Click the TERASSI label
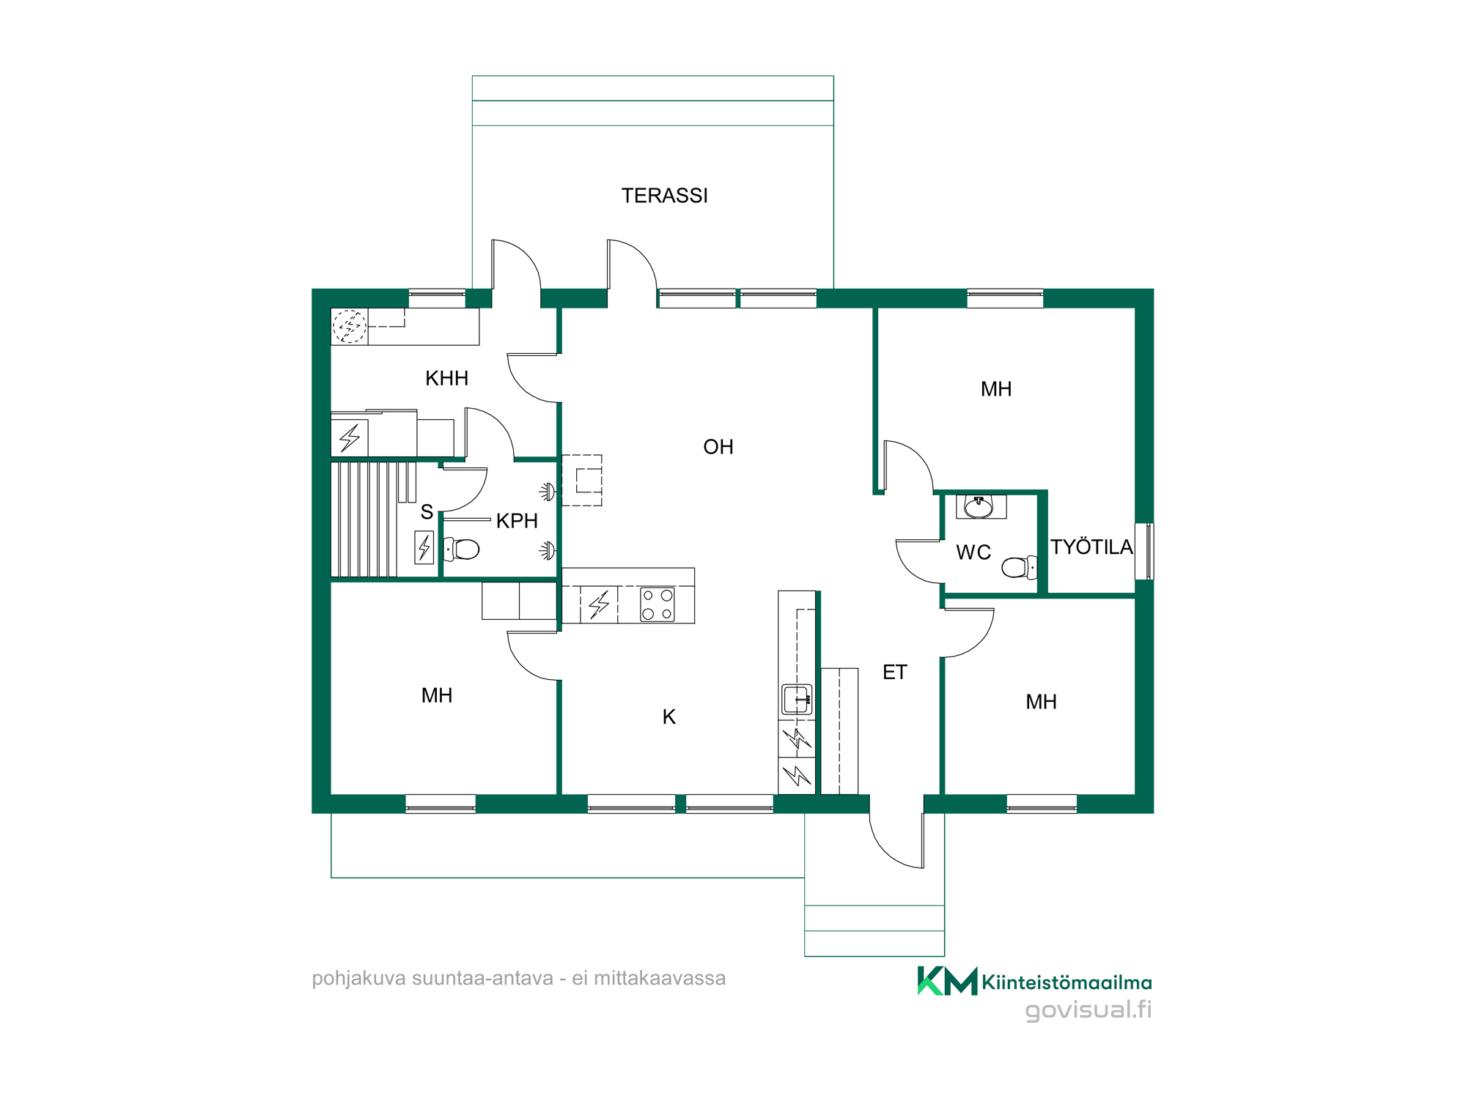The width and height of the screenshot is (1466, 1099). [x=664, y=196]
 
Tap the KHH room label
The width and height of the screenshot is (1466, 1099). [x=446, y=378]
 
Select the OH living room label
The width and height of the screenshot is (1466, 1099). [x=718, y=447]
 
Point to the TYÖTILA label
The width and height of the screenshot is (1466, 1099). [x=1091, y=547]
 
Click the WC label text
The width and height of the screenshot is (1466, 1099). [x=973, y=552]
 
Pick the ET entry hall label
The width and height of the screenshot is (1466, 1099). [x=894, y=673]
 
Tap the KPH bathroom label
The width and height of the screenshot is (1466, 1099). [x=517, y=521]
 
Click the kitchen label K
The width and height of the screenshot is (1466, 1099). [x=668, y=717]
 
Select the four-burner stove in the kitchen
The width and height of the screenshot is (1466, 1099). [x=657, y=604]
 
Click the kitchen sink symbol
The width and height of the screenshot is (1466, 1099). [x=797, y=699]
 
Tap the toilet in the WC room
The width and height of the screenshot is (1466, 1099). [x=1019, y=567]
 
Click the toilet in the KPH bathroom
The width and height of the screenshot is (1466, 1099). [x=462, y=549]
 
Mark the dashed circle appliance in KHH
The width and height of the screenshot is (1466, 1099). [x=350, y=326]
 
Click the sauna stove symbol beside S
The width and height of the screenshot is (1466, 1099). [x=424, y=547]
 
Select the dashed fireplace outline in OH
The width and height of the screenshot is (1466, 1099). [x=581, y=480]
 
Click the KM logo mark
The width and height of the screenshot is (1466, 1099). [x=947, y=981]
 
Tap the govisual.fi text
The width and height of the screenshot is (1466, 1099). [x=1088, y=1010]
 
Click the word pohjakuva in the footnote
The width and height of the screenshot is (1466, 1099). [x=358, y=979]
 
